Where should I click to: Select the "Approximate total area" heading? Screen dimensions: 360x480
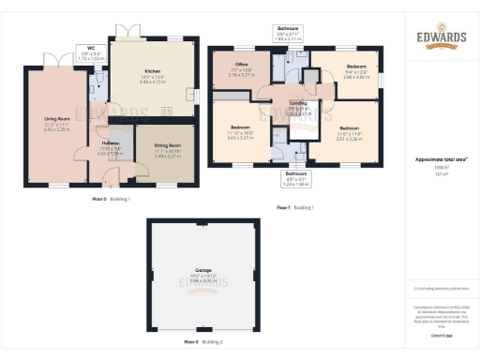point(441,159)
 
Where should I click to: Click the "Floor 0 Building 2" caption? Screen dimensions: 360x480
point(202,342)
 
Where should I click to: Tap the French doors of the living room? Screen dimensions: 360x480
point(63,60)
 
